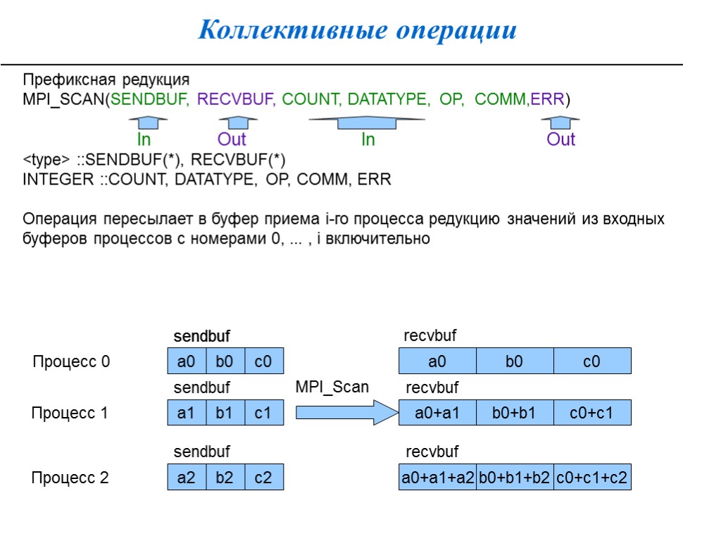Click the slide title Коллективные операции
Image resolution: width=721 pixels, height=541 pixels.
pos(357,30)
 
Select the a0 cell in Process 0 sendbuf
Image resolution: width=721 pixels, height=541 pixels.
pos(187,361)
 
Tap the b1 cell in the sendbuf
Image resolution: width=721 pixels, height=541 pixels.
pos(225,413)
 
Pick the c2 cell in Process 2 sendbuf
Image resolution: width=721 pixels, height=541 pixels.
pos(263,478)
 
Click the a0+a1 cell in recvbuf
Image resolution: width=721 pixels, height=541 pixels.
pos(437,413)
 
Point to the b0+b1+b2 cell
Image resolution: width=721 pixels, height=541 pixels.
pos(515,478)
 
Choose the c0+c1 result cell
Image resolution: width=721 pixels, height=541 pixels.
pos(591,413)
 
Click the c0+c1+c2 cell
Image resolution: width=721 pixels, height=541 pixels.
pos(592,478)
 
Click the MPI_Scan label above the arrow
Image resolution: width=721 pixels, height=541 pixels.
pos(332,387)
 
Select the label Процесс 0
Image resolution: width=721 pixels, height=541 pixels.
pos(71,362)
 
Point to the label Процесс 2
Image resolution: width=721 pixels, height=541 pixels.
pos(70,478)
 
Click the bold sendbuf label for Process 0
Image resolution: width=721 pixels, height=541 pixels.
pos(202,337)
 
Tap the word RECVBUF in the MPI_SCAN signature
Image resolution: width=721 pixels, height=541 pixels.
pos(235,99)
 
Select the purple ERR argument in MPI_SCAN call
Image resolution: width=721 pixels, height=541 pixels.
pos(547,99)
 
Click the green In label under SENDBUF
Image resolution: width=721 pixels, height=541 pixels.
pos(143,139)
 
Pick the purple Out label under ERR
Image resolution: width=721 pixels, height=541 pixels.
pos(561,139)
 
